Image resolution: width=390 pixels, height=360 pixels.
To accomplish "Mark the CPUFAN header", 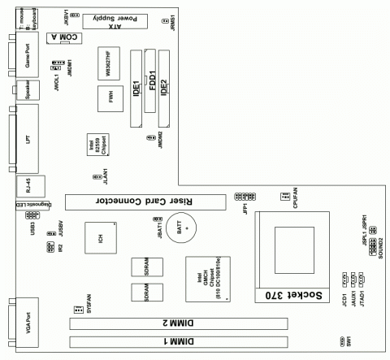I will (x=284, y=195).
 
